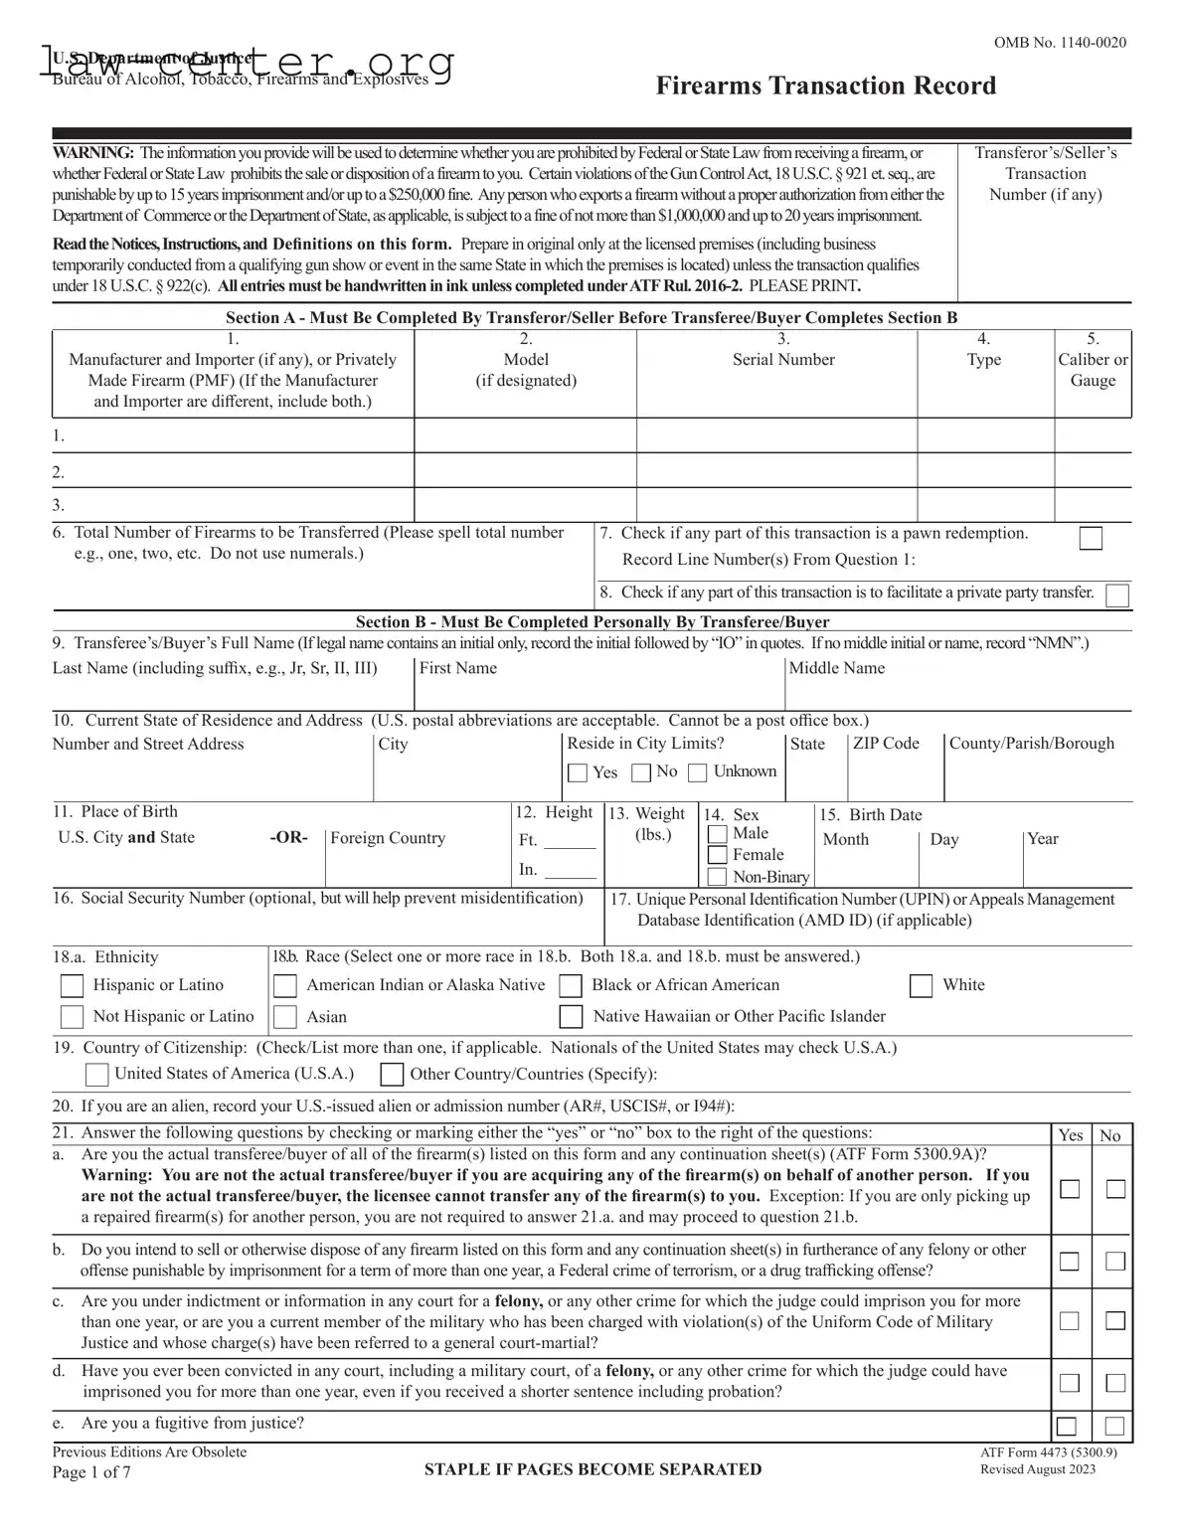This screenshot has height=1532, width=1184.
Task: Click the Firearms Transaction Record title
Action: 825,85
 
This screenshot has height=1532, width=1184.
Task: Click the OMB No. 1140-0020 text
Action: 1060,43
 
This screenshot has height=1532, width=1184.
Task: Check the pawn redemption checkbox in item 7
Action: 1091,538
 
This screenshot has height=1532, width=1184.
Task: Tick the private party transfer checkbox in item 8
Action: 1117,596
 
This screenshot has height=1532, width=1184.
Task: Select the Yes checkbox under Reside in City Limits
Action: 578,772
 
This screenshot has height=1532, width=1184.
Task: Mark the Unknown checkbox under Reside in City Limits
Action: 698,772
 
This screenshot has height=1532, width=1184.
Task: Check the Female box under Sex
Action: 717,855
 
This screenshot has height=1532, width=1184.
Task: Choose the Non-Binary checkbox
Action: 717,877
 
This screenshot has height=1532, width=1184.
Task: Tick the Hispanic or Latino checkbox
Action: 73,985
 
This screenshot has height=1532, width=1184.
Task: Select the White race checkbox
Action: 922,985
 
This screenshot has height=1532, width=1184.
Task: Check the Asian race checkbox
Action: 285,1017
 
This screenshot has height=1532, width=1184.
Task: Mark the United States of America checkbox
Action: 96,1074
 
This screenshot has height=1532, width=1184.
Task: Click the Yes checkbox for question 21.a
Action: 1070,1189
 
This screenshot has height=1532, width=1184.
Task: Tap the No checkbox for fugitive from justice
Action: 1115,1427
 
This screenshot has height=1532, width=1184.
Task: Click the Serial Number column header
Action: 783,359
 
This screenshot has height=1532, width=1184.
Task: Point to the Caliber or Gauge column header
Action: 1093,369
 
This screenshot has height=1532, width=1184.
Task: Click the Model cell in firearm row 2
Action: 525,470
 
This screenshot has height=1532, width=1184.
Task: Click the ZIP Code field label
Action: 886,744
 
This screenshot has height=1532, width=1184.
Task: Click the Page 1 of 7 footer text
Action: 91,1472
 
